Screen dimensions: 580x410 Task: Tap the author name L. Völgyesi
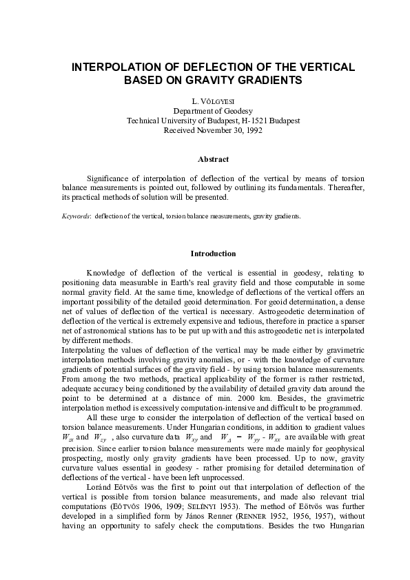tap(204, 101)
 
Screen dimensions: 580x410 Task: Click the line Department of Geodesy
tap(204, 111)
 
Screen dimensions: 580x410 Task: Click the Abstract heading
tap(204, 160)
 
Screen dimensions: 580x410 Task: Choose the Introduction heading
tap(204, 253)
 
